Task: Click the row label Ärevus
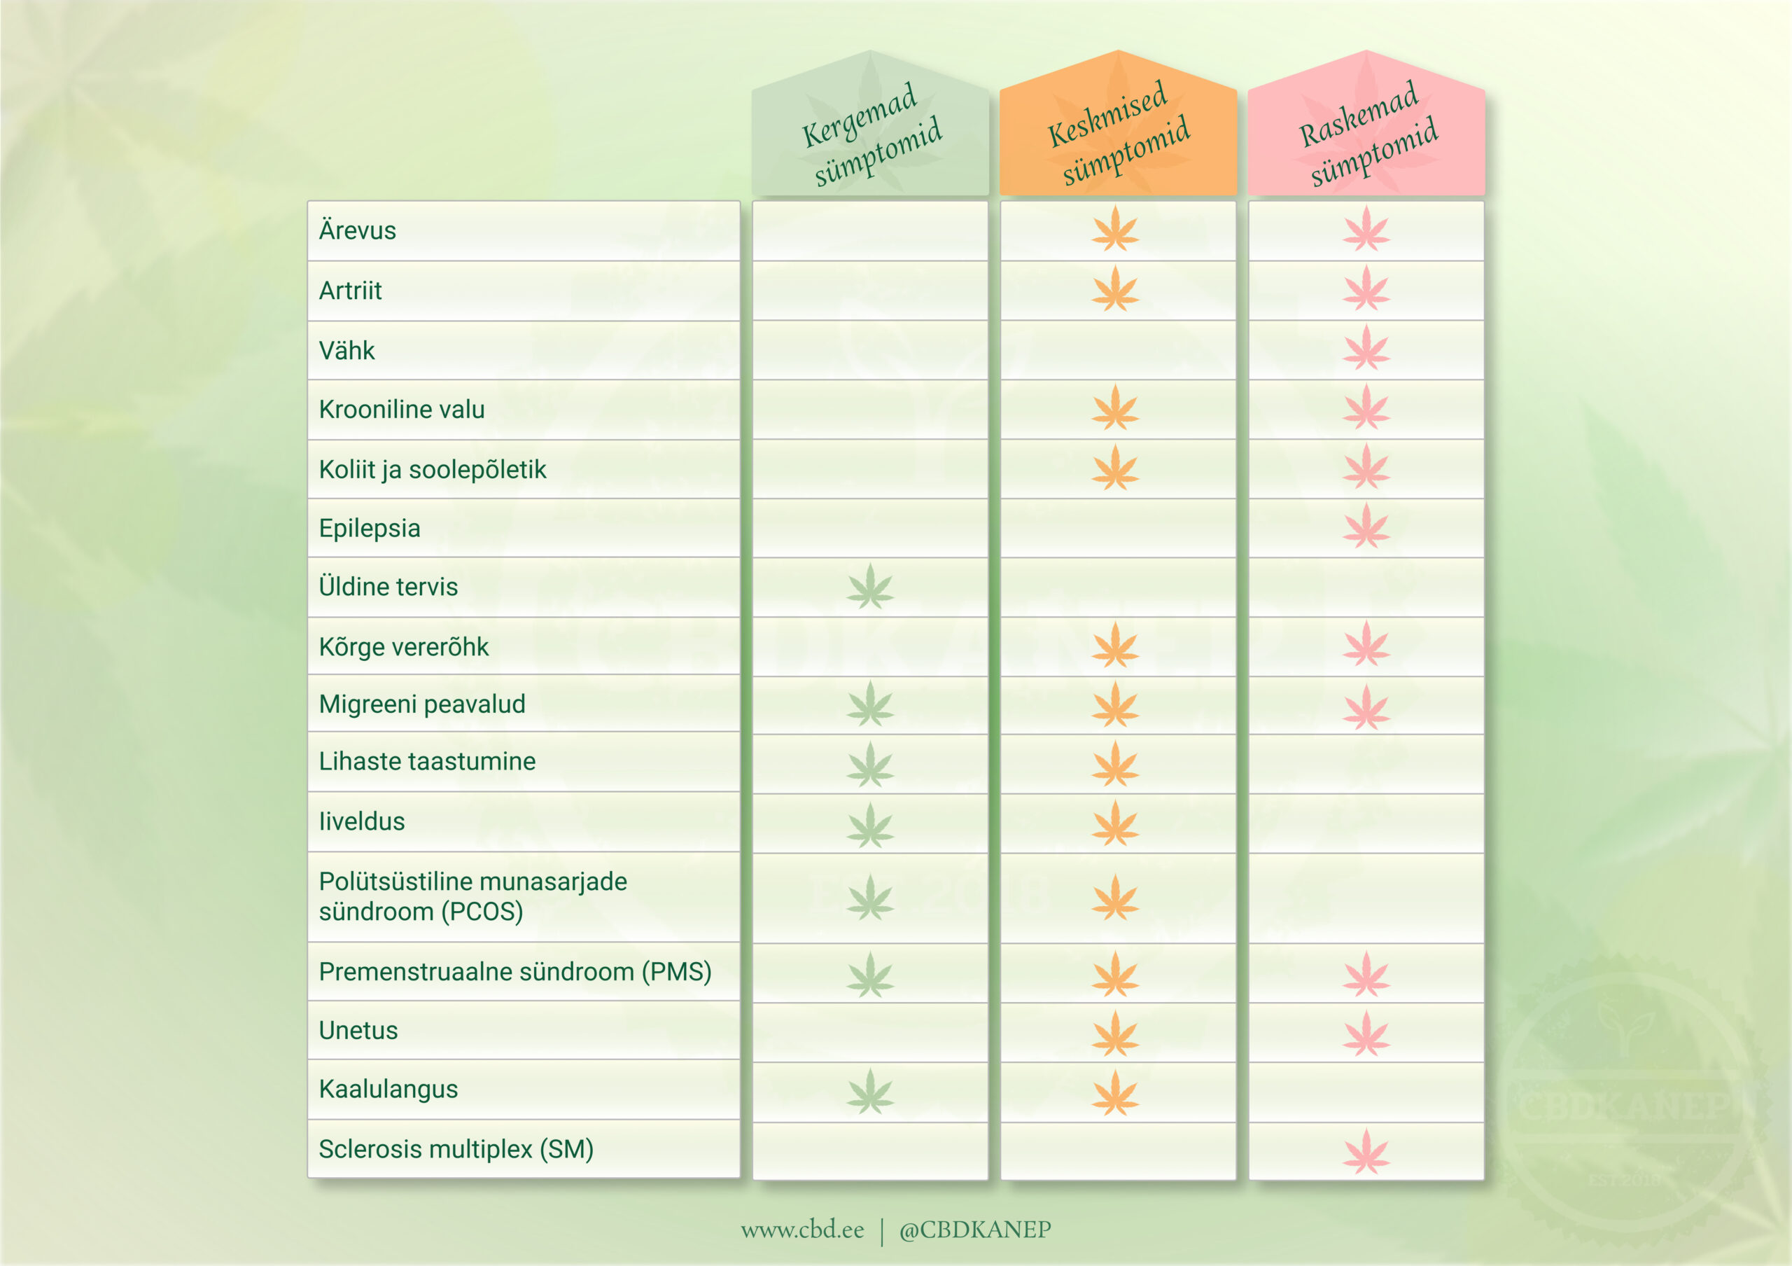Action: (358, 231)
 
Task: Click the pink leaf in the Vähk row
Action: (1366, 348)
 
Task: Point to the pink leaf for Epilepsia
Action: (1366, 526)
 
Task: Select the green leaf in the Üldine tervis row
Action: (870, 587)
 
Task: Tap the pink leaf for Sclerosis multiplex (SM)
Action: (1366, 1151)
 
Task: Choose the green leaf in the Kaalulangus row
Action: (870, 1092)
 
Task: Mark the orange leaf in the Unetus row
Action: (1115, 1034)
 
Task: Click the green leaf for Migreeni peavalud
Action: (870, 704)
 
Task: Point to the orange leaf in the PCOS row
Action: (1115, 898)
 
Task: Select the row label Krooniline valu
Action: (402, 410)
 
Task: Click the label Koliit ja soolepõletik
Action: (433, 470)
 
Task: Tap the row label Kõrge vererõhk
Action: (403, 647)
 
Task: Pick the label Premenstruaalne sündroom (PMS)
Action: (515, 973)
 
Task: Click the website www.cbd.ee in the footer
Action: (802, 1230)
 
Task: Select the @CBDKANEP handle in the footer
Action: (975, 1230)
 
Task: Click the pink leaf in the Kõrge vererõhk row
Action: (1366, 644)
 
